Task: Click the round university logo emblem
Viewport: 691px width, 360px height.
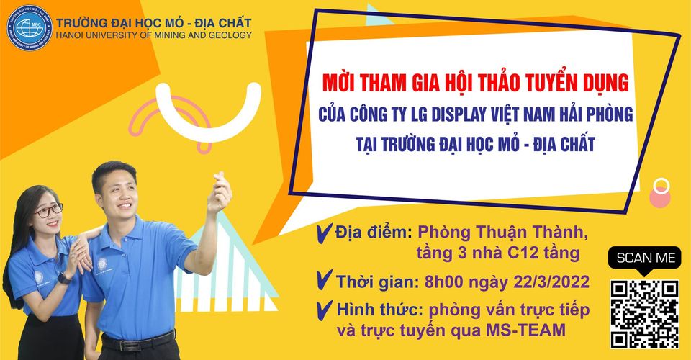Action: (30, 28)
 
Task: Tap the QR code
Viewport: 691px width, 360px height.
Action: (644, 314)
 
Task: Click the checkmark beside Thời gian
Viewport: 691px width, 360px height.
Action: (325, 280)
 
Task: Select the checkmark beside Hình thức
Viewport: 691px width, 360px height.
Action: (325, 310)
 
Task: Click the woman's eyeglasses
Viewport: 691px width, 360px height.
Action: (48, 211)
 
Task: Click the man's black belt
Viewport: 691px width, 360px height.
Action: (138, 341)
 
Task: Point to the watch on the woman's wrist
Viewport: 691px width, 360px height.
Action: (64, 279)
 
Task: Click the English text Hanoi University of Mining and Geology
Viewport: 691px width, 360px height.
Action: (154, 35)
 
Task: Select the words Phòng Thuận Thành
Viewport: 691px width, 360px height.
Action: (503, 232)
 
